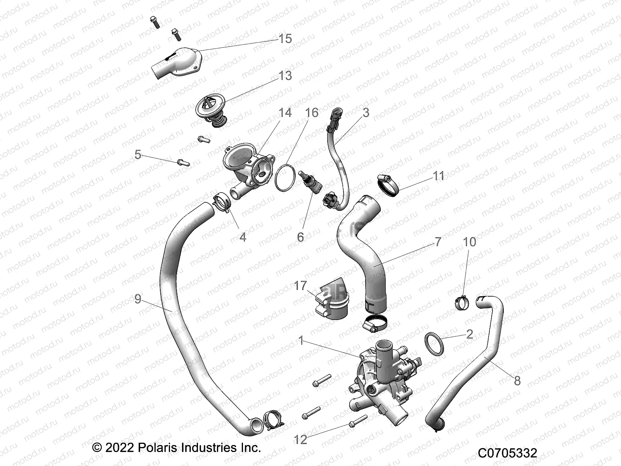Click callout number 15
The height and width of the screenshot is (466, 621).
(x=285, y=39)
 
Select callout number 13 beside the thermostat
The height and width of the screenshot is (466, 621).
(x=285, y=75)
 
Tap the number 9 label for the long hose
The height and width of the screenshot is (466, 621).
(x=138, y=299)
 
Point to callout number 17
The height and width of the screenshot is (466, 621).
(x=300, y=286)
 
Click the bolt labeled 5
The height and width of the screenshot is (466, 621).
(x=184, y=162)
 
